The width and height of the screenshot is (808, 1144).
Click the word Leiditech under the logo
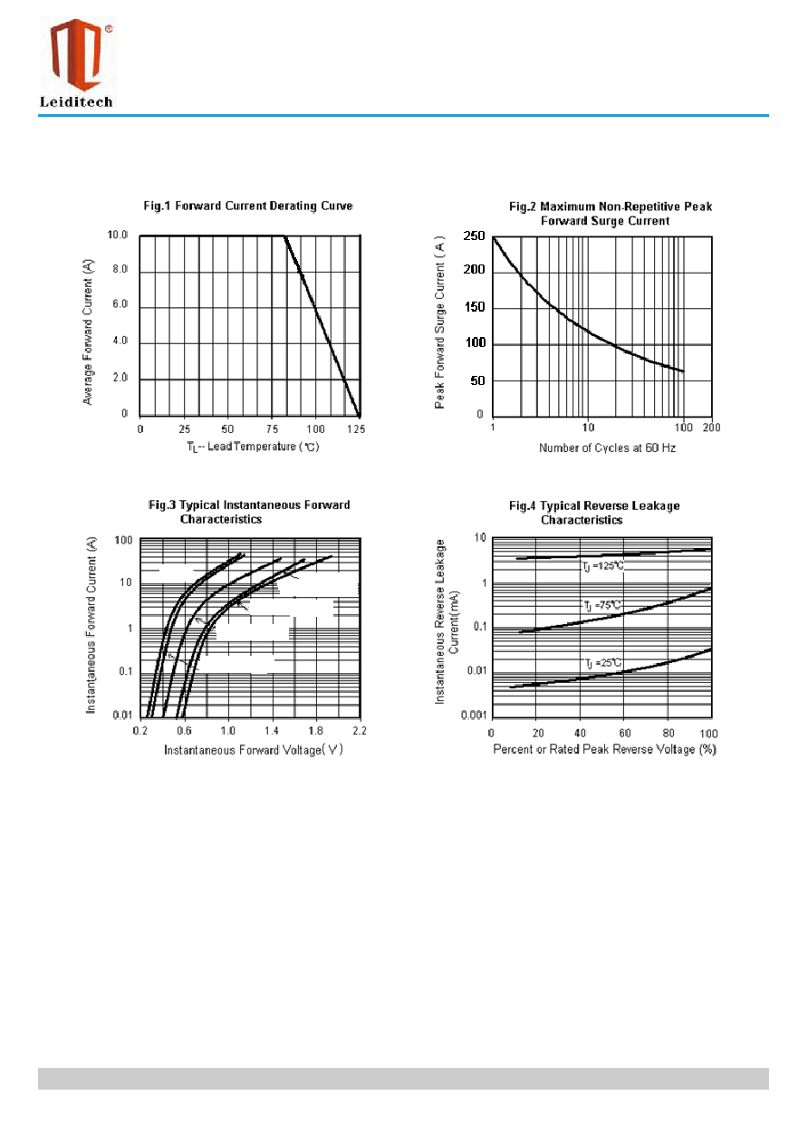(x=76, y=101)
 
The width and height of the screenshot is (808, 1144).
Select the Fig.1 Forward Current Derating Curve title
(x=248, y=206)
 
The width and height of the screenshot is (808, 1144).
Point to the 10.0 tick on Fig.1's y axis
(x=117, y=235)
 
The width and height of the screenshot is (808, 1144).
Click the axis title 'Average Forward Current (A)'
(x=88, y=332)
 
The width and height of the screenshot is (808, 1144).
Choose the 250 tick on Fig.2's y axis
(x=474, y=236)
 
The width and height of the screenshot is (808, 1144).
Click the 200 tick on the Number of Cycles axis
(x=711, y=428)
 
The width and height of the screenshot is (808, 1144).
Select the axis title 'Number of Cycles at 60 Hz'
(x=607, y=447)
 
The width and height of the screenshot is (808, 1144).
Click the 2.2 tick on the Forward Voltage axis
(x=360, y=731)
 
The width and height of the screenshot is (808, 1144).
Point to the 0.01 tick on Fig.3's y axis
(x=122, y=715)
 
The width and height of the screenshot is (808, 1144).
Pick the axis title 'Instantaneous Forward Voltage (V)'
(x=254, y=750)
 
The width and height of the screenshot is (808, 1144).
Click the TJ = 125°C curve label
(x=603, y=566)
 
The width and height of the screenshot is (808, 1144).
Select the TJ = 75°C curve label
(x=602, y=605)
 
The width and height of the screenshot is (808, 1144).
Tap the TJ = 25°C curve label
(x=603, y=663)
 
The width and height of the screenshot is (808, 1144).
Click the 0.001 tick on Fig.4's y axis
(x=474, y=715)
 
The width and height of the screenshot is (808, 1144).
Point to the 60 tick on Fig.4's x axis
(x=625, y=734)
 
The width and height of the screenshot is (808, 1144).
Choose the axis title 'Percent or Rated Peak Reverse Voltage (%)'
(x=605, y=749)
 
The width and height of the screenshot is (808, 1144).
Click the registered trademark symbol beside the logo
(x=109, y=29)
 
